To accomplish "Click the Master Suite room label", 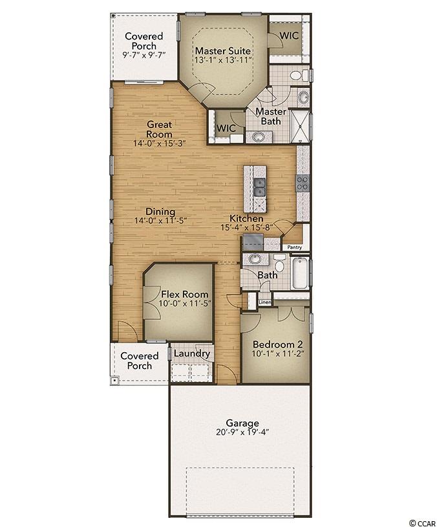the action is tap(223, 50).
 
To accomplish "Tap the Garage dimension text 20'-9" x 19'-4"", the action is tap(242, 432).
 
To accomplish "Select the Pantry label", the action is tap(294, 247).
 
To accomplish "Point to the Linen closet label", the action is tap(265, 302).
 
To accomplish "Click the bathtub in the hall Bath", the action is tap(301, 273).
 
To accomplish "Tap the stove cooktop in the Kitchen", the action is tap(302, 183).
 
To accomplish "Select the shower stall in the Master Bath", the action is tap(300, 126).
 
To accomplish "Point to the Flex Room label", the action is tap(185, 295).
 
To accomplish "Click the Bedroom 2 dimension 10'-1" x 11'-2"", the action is tap(278, 353).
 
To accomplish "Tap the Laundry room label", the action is tap(191, 353).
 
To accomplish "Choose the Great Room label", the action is tap(160, 129).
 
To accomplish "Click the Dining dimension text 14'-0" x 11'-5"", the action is tap(160, 221).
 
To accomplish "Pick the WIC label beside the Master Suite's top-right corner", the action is tap(289, 36).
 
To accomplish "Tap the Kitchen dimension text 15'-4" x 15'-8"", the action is tap(246, 227).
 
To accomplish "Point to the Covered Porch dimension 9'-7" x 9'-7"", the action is tap(144, 55).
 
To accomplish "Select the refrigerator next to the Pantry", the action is tap(253, 242).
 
